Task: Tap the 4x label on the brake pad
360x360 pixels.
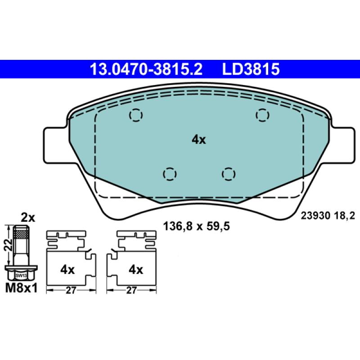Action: (x=198, y=140)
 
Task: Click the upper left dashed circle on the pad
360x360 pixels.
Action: (x=136, y=116)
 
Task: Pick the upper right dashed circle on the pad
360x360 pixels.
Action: (x=262, y=116)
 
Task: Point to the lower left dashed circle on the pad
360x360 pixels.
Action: (x=169, y=173)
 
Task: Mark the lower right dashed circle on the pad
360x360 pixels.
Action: (x=229, y=173)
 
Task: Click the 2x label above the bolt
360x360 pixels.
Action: (x=28, y=218)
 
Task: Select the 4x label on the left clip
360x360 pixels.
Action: (x=67, y=270)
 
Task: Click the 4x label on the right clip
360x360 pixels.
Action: (x=135, y=270)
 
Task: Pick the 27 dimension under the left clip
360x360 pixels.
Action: (x=70, y=291)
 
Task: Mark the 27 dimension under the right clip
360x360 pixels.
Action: (x=131, y=291)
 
